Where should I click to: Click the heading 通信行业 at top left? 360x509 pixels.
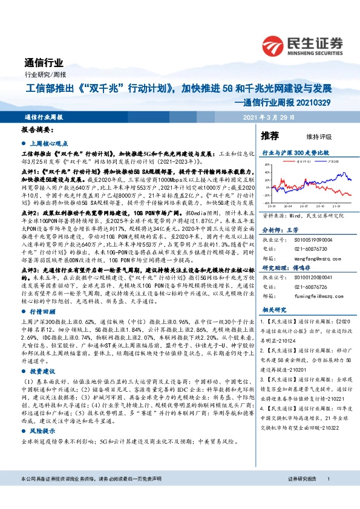click(x=44, y=63)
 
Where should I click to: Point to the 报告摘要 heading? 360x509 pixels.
click(x=38, y=130)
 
